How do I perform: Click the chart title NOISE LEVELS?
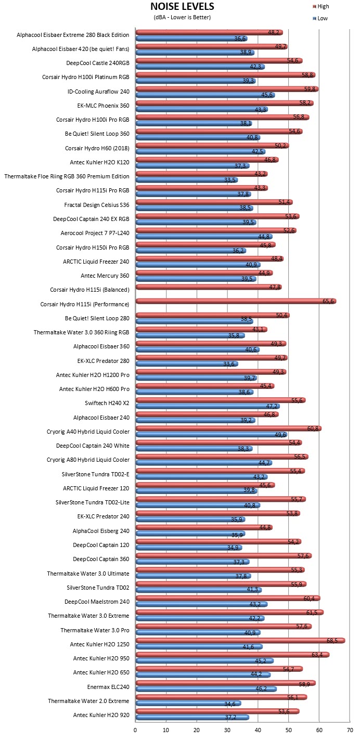[x=182, y=6]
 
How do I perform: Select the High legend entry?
[x=321, y=6]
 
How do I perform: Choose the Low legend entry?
[x=320, y=19]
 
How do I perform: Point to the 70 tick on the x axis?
[x=350, y=730]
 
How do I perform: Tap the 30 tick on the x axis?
[x=227, y=730]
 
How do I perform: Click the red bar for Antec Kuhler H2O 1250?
[x=240, y=641]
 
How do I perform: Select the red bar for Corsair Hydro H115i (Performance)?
[x=236, y=301]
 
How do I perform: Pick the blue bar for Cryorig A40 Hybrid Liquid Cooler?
[x=212, y=435]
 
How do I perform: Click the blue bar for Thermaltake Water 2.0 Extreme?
[x=188, y=703]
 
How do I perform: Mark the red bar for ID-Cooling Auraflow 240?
[x=227, y=89]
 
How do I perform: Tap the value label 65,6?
[x=328, y=301]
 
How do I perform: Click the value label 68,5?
[x=332, y=641]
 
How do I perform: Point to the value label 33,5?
[x=230, y=180]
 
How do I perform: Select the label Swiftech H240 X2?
[x=107, y=403]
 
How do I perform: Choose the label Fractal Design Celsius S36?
[x=97, y=205]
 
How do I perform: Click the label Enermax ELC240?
[x=108, y=687]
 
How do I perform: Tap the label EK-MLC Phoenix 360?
[x=103, y=106]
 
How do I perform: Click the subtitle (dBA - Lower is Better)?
[x=182, y=17]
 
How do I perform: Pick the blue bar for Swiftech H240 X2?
[x=208, y=406]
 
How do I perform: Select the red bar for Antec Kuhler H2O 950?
[x=233, y=655]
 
